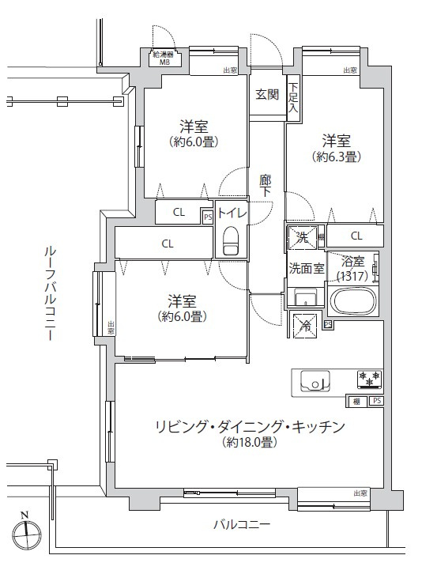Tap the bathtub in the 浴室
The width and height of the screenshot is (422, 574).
pos(353,301)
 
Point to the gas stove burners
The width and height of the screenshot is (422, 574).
pos(368,379)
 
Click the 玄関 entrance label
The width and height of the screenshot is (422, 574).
pos(266,94)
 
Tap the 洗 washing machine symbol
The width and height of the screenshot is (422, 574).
pos(304,236)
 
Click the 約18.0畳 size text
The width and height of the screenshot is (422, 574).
pos(249,443)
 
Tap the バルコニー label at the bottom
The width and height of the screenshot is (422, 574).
pos(243,524)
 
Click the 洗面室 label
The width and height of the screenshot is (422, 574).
pos(305,267)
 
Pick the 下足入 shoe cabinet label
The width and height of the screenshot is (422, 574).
pos(293,98)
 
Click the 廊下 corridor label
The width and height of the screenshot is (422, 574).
pos(266,187)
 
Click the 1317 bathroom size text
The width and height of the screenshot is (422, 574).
pos(352,275)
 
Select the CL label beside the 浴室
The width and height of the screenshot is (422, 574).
pos(356,235)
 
